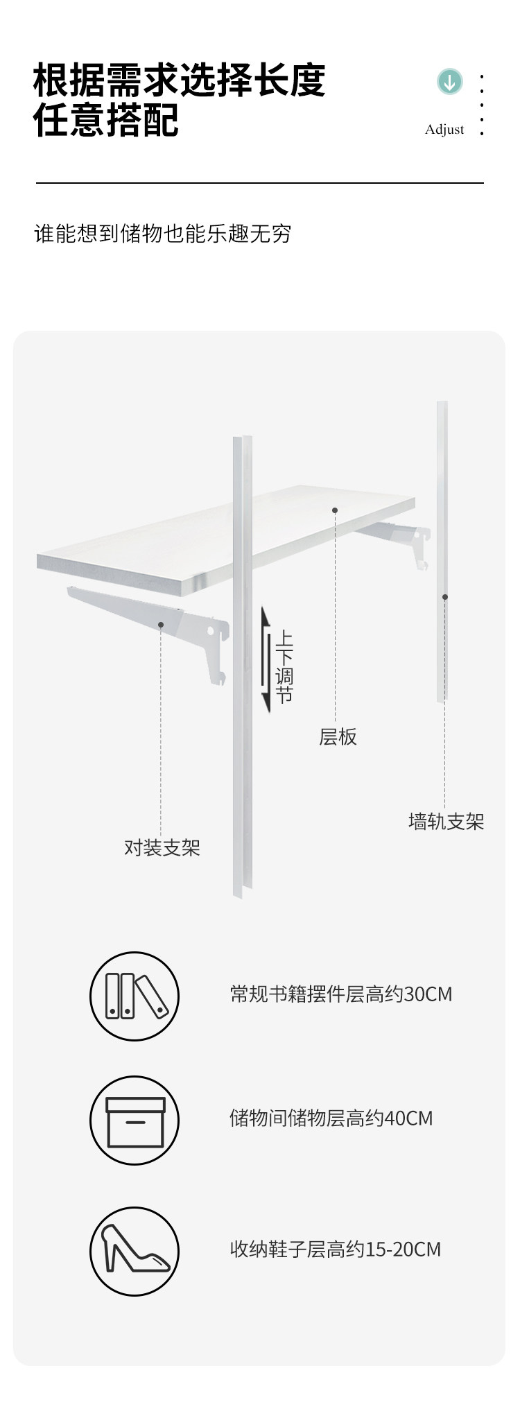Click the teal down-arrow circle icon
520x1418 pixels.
[x=450, y=82]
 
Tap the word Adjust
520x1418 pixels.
[x=444, y=130]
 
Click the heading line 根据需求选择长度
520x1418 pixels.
[x=180, y=80]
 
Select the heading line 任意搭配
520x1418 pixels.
[x=106, y=120]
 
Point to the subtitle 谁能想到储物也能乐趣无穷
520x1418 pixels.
[x=163, y=234]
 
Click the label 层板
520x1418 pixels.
[x=338, y=736]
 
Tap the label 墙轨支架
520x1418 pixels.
[x=446, y=822]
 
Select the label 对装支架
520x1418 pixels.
[x=162, y=847]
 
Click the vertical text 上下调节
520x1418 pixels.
[x=284, y=667]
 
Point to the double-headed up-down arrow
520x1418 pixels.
[x=266, y=659]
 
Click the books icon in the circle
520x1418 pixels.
[x=135, y=996]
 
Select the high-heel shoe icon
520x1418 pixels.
[x=135, y=1250]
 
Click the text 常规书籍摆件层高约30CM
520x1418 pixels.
[x=341, y=994]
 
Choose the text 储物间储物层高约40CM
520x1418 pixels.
[x=331, y=1118]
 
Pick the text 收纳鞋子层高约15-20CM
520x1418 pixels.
[x=336, y=1249]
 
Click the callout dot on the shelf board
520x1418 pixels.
[x=335, y=510]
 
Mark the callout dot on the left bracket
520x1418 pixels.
[x=161, y=625]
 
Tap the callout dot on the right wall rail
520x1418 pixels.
[x=445, y=596]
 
